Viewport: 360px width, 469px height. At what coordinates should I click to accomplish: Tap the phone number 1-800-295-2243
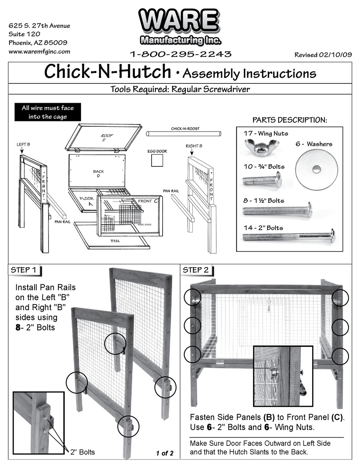tap(181, 54)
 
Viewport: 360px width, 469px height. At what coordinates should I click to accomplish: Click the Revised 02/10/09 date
tap(323, 55)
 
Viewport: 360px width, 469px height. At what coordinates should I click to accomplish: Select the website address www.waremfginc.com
tap(39, 52)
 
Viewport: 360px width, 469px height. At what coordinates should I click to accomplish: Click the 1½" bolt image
tap(277, 210)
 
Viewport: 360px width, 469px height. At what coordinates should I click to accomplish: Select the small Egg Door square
tap(157, 161)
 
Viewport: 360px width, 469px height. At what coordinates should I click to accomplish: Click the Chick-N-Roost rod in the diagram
tap(183, 134)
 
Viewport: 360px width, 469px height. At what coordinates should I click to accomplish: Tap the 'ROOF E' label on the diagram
tap(107, 137)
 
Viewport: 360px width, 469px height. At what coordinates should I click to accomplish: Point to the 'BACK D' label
tap(98, 174)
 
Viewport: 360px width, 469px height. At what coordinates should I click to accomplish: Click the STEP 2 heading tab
tap(196, 270)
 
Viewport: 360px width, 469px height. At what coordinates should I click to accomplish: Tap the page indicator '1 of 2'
tap(164, 453)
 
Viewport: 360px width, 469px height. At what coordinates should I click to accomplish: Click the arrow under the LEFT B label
tap(22, 151)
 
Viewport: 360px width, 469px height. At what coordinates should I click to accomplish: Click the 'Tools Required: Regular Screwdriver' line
tap(180, 89)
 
